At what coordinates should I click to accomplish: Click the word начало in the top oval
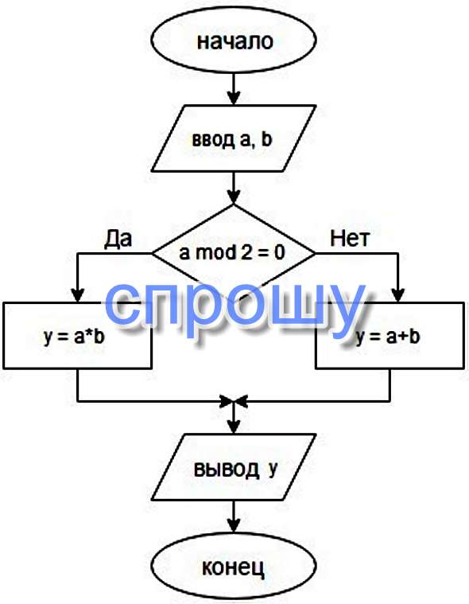click(234, 41)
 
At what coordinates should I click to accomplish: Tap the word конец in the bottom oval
click(234, 567)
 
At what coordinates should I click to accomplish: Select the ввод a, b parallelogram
click(234, 138)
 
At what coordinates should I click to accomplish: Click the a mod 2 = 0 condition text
click(232, 253)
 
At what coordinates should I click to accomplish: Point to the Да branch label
click(118, 239)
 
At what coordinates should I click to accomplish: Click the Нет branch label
click(350, 239)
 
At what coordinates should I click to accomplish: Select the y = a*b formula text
click(74, 337)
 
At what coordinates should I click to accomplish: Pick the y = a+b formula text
click(387, 337)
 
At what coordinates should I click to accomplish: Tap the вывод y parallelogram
click(234, 467)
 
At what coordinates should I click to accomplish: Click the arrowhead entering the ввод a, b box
click(234, 98)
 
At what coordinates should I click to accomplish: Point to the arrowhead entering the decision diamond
click(234, 197)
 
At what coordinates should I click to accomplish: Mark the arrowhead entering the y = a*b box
click(78, 295)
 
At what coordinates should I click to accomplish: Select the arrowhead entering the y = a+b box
click(398, 295)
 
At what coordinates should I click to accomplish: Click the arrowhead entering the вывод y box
click(234, 427)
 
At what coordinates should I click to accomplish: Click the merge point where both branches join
click(234, 401)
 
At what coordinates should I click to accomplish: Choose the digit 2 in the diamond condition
click(245, 253)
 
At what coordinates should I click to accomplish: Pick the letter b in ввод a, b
click(266, 138)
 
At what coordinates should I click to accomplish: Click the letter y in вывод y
click(273, 470)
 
